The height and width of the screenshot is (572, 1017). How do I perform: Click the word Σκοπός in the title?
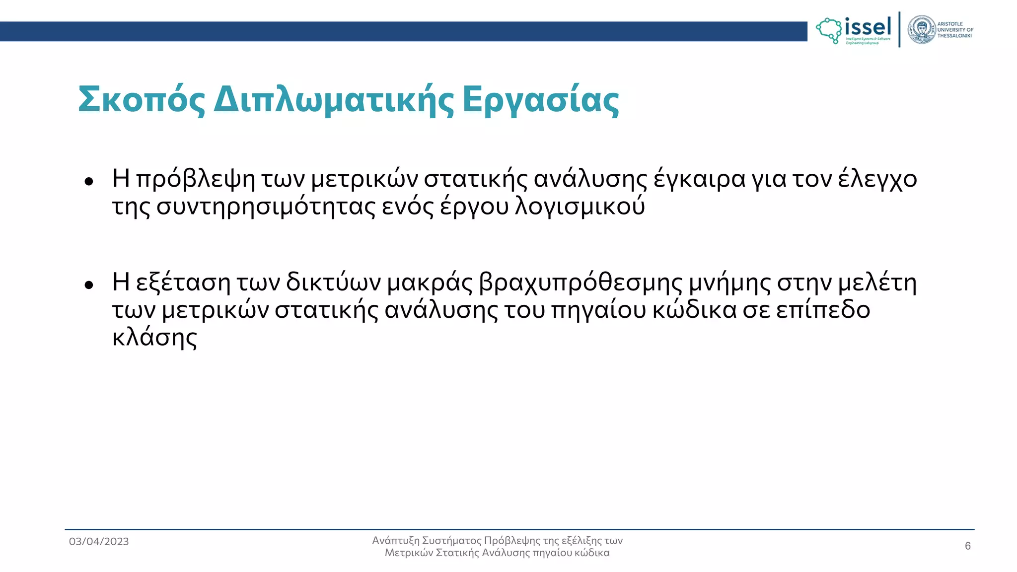pos(142,100)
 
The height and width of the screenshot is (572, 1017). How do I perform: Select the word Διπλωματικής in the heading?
pos(334,100)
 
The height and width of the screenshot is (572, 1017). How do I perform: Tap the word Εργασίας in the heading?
pos(541,100)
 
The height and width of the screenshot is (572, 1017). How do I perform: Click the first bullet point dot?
pos(89,182)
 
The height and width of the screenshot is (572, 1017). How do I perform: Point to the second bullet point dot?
pos(89,285)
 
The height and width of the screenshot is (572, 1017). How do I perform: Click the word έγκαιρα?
pos(699,179)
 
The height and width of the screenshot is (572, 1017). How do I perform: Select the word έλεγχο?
pos(877,179)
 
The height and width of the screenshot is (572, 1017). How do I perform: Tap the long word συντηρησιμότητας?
pos(266,207)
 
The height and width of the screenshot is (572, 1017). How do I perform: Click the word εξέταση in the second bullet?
pos(183,283)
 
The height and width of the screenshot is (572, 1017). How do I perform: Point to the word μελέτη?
pos(877,283)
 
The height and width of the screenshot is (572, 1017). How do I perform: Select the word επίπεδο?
pos(822,311)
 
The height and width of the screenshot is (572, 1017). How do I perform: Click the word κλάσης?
pos(154,338)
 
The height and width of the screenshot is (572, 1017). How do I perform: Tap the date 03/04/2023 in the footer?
pos(99,542)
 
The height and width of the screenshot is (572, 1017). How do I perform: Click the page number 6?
pos(968,546)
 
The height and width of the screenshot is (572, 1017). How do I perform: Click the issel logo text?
pos(868,27)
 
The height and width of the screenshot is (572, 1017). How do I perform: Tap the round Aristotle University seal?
pos(921,30)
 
